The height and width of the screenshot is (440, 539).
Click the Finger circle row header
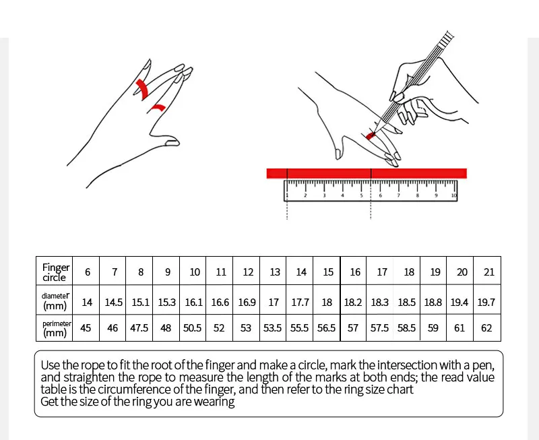[56, 272]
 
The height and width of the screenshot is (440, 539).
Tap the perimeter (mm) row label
[56, 328]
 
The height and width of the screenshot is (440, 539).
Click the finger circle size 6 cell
[88, 272]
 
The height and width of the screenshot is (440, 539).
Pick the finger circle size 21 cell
[489, 272]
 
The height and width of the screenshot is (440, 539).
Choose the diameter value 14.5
[114, 303]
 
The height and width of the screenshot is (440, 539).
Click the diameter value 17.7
[300, 303]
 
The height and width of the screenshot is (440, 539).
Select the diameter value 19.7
[486, 303]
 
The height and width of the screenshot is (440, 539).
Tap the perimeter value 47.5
[140, 328]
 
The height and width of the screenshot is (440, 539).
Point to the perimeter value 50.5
[193, 328]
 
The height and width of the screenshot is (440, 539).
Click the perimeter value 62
[486, 328]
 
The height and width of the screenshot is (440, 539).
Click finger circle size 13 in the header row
[275, 272]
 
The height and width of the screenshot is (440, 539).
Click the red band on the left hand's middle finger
[143, 88]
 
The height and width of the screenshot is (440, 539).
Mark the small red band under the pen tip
[371, 135]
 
